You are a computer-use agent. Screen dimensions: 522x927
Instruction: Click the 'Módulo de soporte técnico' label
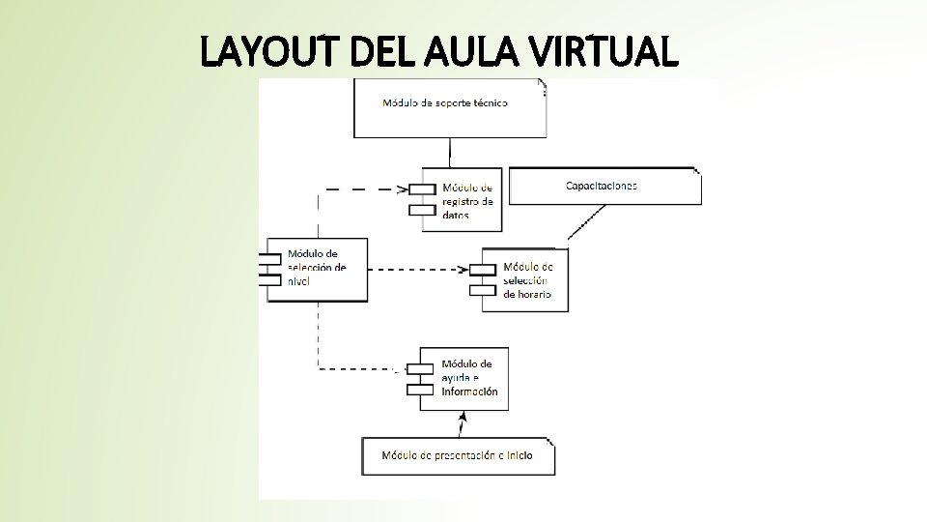coord(445,102)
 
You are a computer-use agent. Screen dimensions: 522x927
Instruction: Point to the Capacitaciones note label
coord(601,186)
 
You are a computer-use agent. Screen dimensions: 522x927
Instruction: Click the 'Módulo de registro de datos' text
coord(467,201)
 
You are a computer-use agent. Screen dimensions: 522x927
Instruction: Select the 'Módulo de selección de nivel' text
coord(316,267)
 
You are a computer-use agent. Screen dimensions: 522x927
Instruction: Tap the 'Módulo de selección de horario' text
coord(527,280)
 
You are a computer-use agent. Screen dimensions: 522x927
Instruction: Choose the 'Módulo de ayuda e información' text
coord(469,378)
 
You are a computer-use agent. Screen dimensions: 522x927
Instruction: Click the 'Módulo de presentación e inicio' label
coord(456,455)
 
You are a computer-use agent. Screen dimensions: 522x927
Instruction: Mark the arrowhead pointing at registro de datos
coord(405,188)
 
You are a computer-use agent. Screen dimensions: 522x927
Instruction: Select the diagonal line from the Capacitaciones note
coord(586,221)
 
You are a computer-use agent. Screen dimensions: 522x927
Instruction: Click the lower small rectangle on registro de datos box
coord(422,210)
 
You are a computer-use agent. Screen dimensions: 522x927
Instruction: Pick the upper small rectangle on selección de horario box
coord(481,268)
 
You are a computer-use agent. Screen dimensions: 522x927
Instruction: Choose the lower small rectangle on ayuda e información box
coord(420,389)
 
